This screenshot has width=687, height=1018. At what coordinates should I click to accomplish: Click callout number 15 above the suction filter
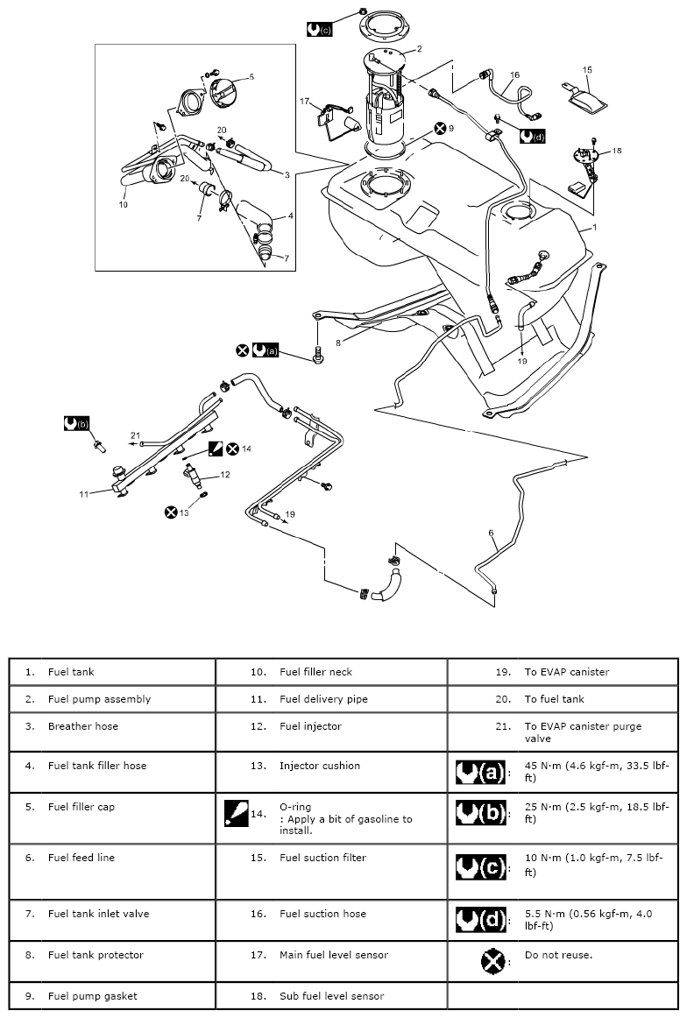587,70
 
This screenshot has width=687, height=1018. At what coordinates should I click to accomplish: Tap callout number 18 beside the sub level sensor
616,151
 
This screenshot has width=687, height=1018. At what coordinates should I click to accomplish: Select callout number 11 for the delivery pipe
84,494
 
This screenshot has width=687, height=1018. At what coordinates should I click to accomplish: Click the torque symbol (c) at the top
319,29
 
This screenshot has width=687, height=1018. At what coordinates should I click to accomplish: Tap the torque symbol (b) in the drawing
77,423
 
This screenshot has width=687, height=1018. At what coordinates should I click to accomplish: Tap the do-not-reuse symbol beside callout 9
437,128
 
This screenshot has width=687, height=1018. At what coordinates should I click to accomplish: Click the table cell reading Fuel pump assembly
99,699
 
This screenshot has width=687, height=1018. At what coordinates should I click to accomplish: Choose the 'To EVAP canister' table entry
566,672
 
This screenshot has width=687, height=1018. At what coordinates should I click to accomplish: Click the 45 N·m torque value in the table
596,771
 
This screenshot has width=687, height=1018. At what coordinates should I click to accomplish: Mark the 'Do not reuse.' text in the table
558,954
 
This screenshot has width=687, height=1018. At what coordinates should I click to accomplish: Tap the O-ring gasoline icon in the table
234,812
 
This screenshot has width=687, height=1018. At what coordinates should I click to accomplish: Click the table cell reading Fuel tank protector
96,954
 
